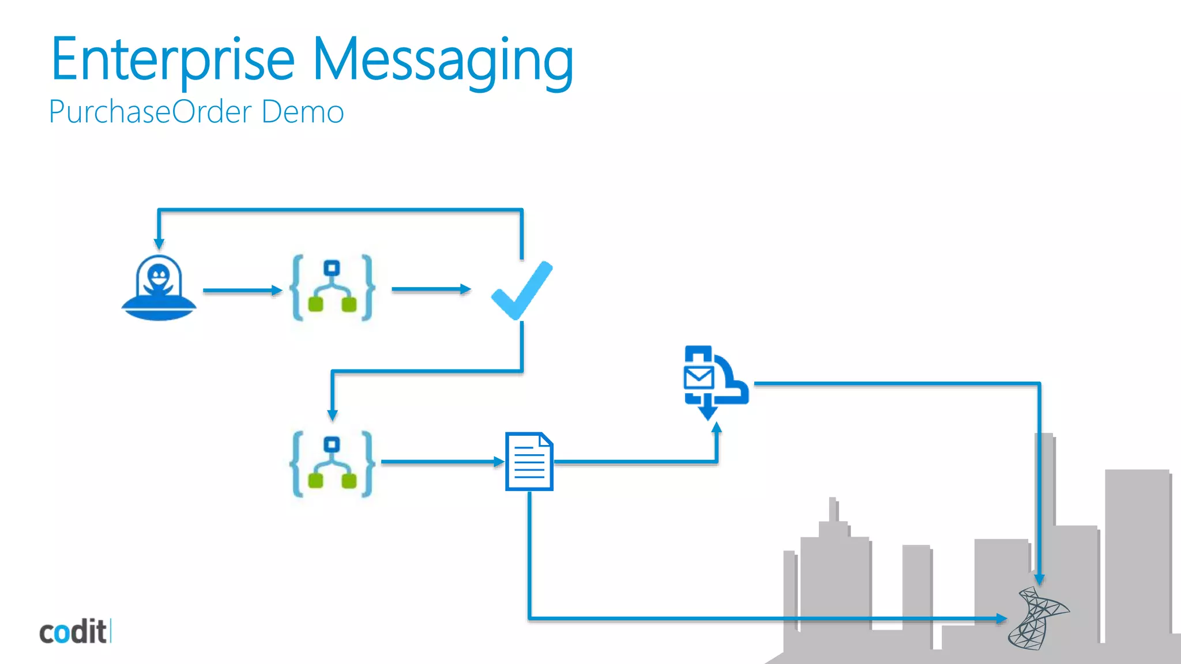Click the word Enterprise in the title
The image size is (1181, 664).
pyautogui.click(x=173, y=59)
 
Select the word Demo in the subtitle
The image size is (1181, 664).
pyautogui.click(x=302, y=111)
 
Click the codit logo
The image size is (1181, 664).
pyautogui.click(x=74, y=632)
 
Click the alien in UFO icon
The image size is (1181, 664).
pyautogui.click(x=159, y=288)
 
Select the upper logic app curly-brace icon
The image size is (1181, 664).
pyautogui.click(x=332, y=288)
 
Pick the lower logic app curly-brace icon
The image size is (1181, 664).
pyautogui.click(x=332, y=464)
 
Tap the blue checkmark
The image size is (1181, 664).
pyautogui.click(x=521, y=290)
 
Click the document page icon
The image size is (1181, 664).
pyautogui.click(x=529, y=462)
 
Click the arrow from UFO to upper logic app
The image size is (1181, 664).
pyautogui.click(x=242, y=290)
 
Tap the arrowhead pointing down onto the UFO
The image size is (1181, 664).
pyautogui.click(x=159, y=244)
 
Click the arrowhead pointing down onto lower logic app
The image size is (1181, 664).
pyautogui.click(x=332, y=414)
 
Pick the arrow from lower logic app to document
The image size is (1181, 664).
pyautogui.click(x=442, y=462)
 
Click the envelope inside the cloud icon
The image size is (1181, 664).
pyautogui.click(x=699, y=378)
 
